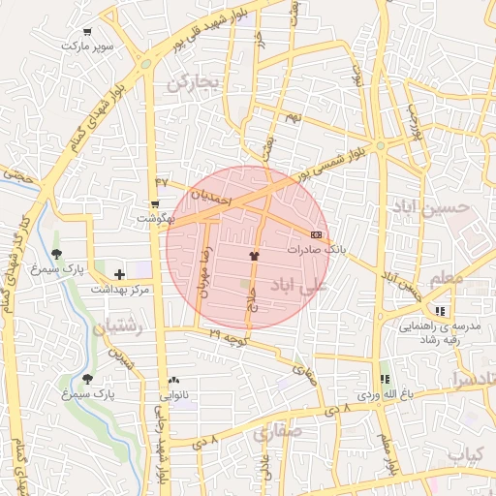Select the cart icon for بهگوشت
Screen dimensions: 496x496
point(154,204)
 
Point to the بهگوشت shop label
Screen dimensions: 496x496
point(155,218)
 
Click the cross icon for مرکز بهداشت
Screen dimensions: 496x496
point(119,276)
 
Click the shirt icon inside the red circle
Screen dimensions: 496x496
point(254,257)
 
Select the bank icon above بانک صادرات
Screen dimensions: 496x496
point(316,235)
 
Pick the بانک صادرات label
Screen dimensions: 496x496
point(316,250)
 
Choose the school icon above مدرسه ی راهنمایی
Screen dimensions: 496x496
point(441,312)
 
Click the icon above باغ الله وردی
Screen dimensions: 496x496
point(385,380)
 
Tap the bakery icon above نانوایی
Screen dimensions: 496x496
point(173,381)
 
